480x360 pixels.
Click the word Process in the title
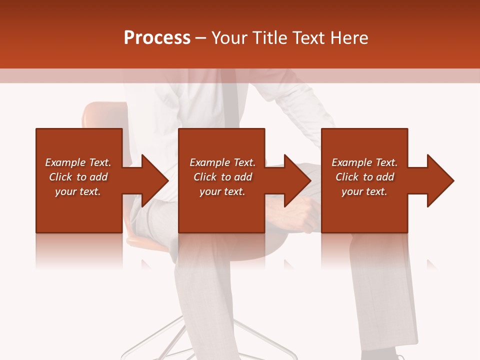[x=157, y=38]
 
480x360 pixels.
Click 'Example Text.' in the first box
[x=78, y=162]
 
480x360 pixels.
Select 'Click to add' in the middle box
[x=222, y=177]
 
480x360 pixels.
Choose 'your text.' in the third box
[x=364, y=191]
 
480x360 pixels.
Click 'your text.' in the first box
[x=78, y=191]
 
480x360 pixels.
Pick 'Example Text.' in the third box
[x=364, y=162]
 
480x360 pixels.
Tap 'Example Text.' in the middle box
[x=222, y=162]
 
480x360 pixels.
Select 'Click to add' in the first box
[x=78, y=177]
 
